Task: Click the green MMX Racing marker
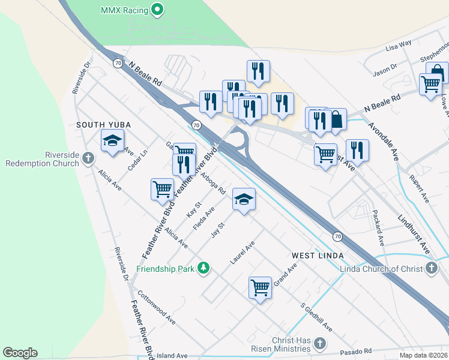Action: click(157, 9)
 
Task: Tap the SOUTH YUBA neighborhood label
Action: click(103, 124)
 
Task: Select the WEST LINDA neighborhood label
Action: click(317, 256)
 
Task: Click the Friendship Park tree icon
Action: click(204, 269)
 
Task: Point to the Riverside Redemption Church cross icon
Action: click(88, 159)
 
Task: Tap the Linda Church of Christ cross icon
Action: click(431, 269)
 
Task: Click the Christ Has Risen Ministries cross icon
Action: click(320, 344)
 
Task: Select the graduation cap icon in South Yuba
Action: click(112, 140)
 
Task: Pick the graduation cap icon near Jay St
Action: click(244, 199)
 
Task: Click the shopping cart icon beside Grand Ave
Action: click(260, 287)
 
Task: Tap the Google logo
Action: click(20, 353)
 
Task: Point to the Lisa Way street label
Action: click(399, 44)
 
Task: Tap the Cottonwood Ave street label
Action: click(156, 308)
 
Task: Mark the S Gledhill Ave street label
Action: click(316, 316)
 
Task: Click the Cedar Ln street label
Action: click(137, 159)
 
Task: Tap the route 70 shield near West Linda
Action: click(338, 236)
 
